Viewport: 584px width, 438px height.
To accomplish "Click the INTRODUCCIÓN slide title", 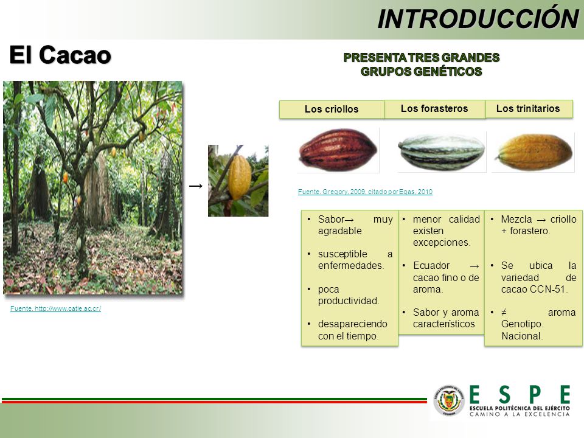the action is (478, 19).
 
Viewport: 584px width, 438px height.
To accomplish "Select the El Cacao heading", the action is (60, 55).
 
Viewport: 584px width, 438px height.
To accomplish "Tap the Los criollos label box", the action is (332, 109).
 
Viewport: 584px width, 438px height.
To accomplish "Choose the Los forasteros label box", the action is (434, 108).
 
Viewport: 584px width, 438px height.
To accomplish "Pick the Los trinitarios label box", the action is (528, 108).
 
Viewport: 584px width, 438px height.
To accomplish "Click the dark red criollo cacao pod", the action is (338, 150).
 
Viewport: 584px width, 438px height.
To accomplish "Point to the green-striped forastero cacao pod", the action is (442, 152).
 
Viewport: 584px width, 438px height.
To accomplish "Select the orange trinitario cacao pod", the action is (534, 152).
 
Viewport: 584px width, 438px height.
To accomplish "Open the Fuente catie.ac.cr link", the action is (55, 308).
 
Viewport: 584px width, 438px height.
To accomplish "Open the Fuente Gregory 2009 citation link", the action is (365, 192).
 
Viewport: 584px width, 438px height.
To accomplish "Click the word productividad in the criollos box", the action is (349, 301).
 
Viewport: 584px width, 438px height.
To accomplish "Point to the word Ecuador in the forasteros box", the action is (431, 266).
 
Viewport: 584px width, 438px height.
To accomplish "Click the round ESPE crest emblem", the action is (449, 400).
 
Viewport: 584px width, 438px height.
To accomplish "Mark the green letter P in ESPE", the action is (534, 394).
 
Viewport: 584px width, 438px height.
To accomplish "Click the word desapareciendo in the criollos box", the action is (353, 324).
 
